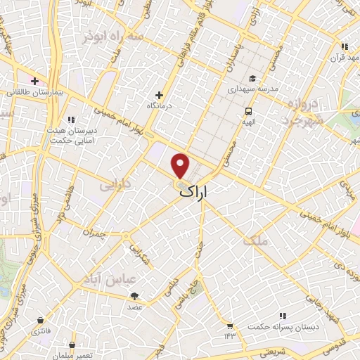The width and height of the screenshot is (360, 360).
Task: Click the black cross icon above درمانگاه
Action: point(160,95)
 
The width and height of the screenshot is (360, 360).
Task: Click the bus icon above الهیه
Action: point(248,112)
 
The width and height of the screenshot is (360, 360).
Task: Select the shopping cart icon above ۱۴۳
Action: point(229,326)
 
